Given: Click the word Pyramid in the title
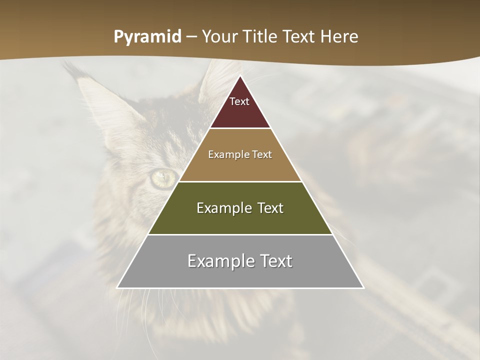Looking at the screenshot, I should [147, 37].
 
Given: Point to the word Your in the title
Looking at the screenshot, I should [220, 37].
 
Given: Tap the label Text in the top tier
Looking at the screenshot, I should [239, 101].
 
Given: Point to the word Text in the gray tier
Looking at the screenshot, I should [275, 261].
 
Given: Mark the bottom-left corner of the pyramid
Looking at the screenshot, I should [117, 288].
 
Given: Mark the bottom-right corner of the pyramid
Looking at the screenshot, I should [363, 288].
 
